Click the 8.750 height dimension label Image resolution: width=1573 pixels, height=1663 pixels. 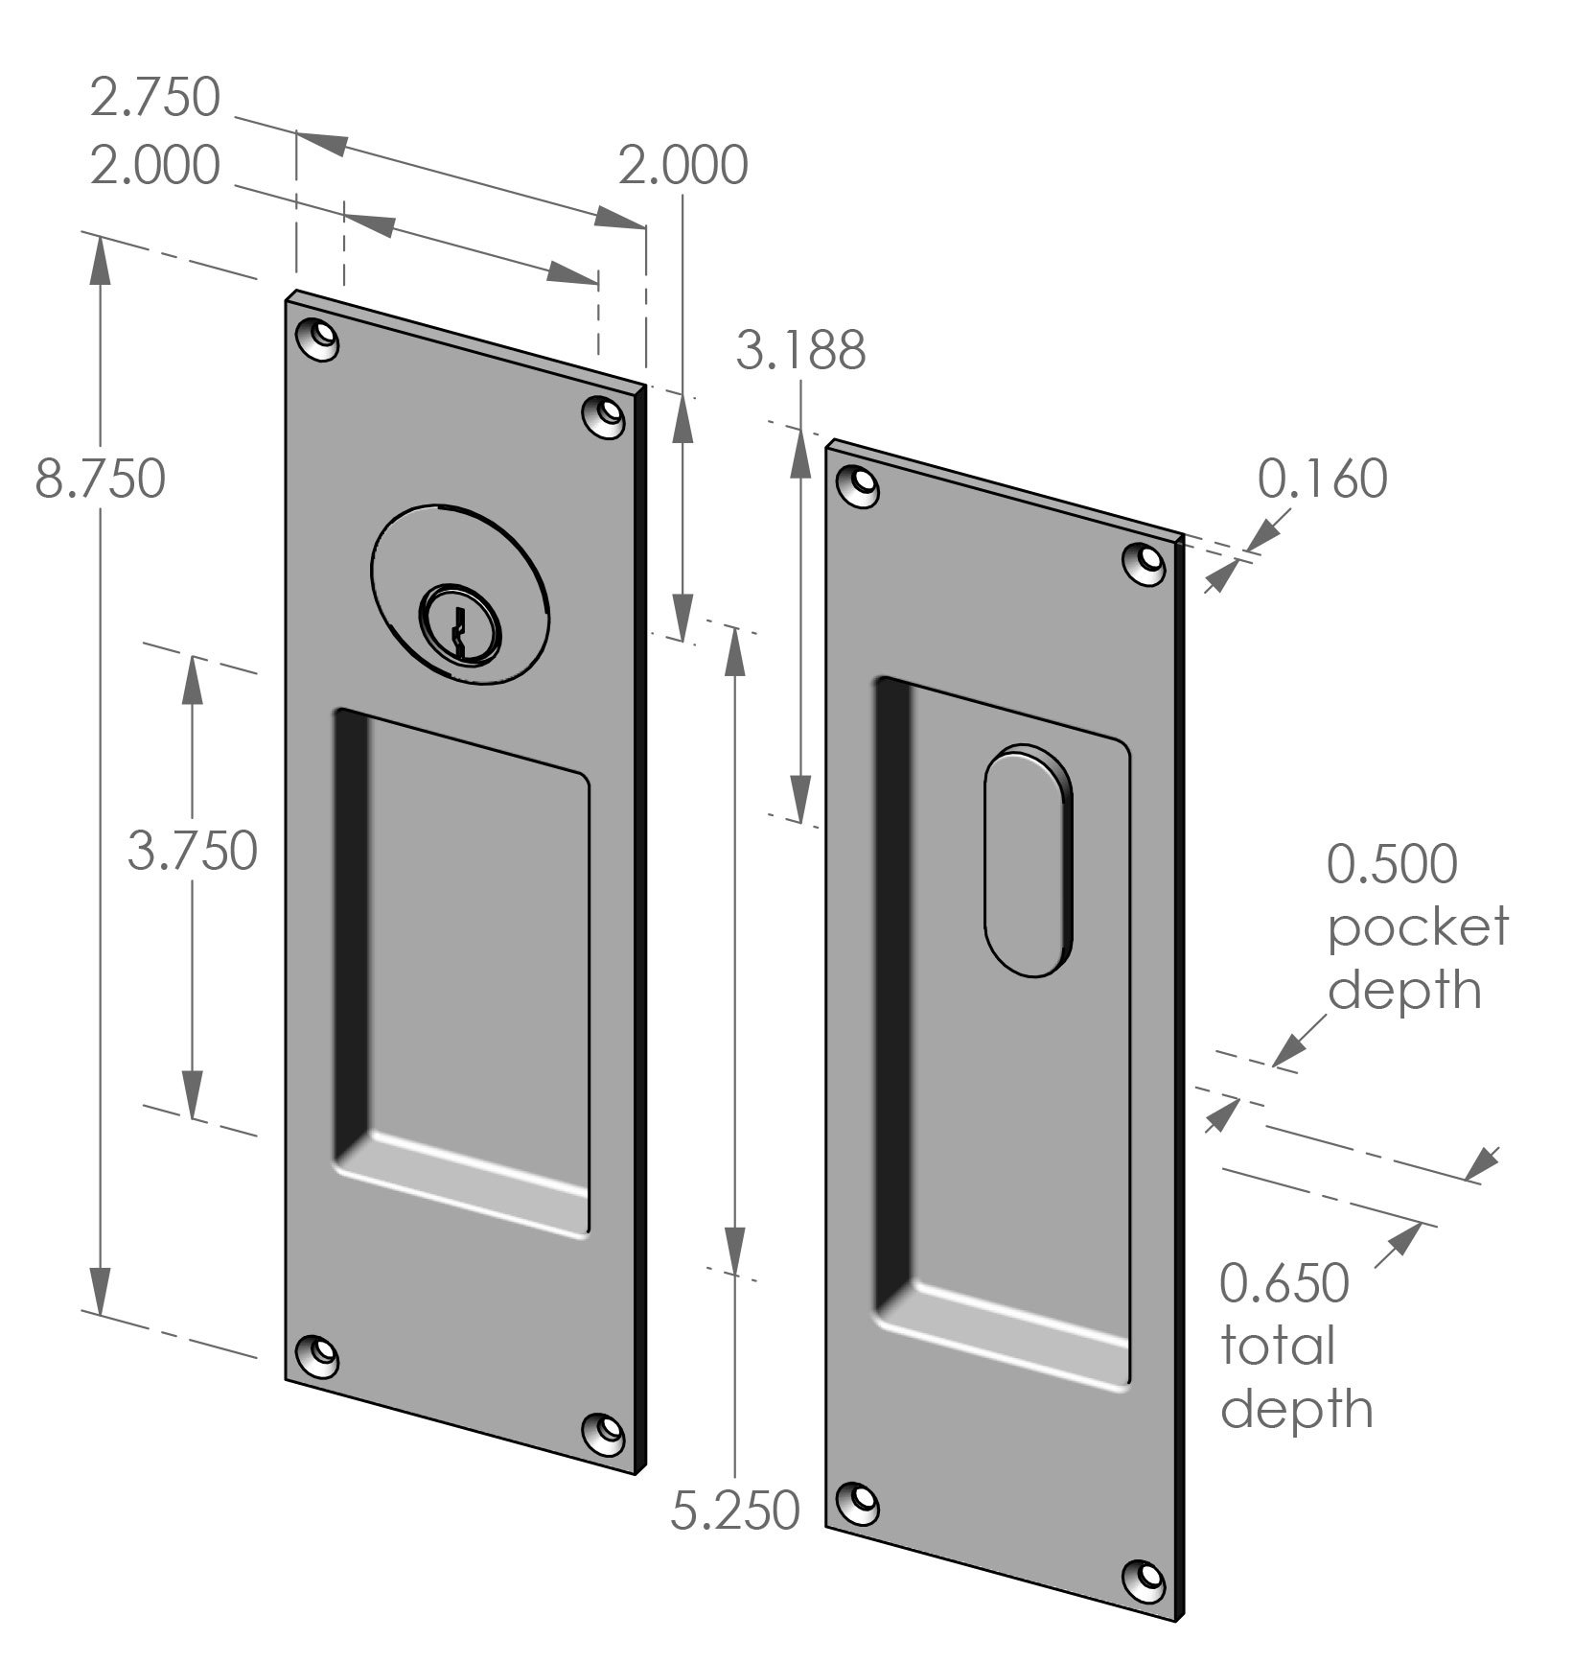pos(100,479)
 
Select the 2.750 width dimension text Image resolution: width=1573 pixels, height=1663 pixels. pos(155,98)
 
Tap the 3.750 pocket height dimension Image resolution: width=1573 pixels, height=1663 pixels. pos(192,851)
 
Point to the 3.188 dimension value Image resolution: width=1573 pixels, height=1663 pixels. pos(800,350)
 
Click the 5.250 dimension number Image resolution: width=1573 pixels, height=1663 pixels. pos(734,1511)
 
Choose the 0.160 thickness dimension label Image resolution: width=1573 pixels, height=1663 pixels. pos(1322,480)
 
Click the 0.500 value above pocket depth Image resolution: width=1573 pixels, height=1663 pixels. pos(1391,864)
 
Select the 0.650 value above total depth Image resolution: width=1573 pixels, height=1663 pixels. pos(1284,1283)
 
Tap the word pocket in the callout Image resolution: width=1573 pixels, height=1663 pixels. pos(1417,927)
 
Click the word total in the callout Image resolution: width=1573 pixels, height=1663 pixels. pos(1277,1346)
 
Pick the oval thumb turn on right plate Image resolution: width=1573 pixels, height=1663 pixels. pos(1029,860)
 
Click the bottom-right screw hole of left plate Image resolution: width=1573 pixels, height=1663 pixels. pos(606,1433)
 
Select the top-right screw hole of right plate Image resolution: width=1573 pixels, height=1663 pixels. pos(1145,562)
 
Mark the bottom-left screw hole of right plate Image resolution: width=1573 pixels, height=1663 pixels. pos(859,1502)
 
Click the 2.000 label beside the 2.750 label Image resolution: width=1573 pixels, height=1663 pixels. pos(155,165)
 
